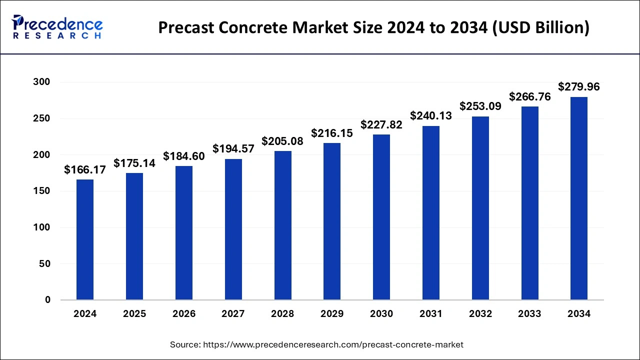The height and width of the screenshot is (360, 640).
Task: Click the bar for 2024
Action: pyautogui.click(x=85, y=239)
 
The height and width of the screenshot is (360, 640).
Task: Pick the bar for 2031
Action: pyautogui.click(x=431, y=213)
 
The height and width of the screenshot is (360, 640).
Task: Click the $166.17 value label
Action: pyautogui.click(x=85, y=170)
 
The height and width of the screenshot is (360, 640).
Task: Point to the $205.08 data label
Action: pyautogui.click(x=282, y=141)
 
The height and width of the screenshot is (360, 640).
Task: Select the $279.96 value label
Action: pyautogui.click(x=579, y=87)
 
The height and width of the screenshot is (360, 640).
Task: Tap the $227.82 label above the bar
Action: pyautogui.click(x=381, y=125)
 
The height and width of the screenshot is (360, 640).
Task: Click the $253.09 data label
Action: pyautogui.click(x=480, y=106)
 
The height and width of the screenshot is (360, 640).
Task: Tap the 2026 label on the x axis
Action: pyautogui.click(x=184, y=314)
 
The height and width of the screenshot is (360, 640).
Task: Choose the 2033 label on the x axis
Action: pyautogui.click(x=529, y=314)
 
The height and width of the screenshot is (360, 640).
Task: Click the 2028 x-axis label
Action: pyautogui.click(x=282, y=314)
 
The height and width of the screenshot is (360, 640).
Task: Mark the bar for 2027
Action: pyautogui.click(x=233, y=229)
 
